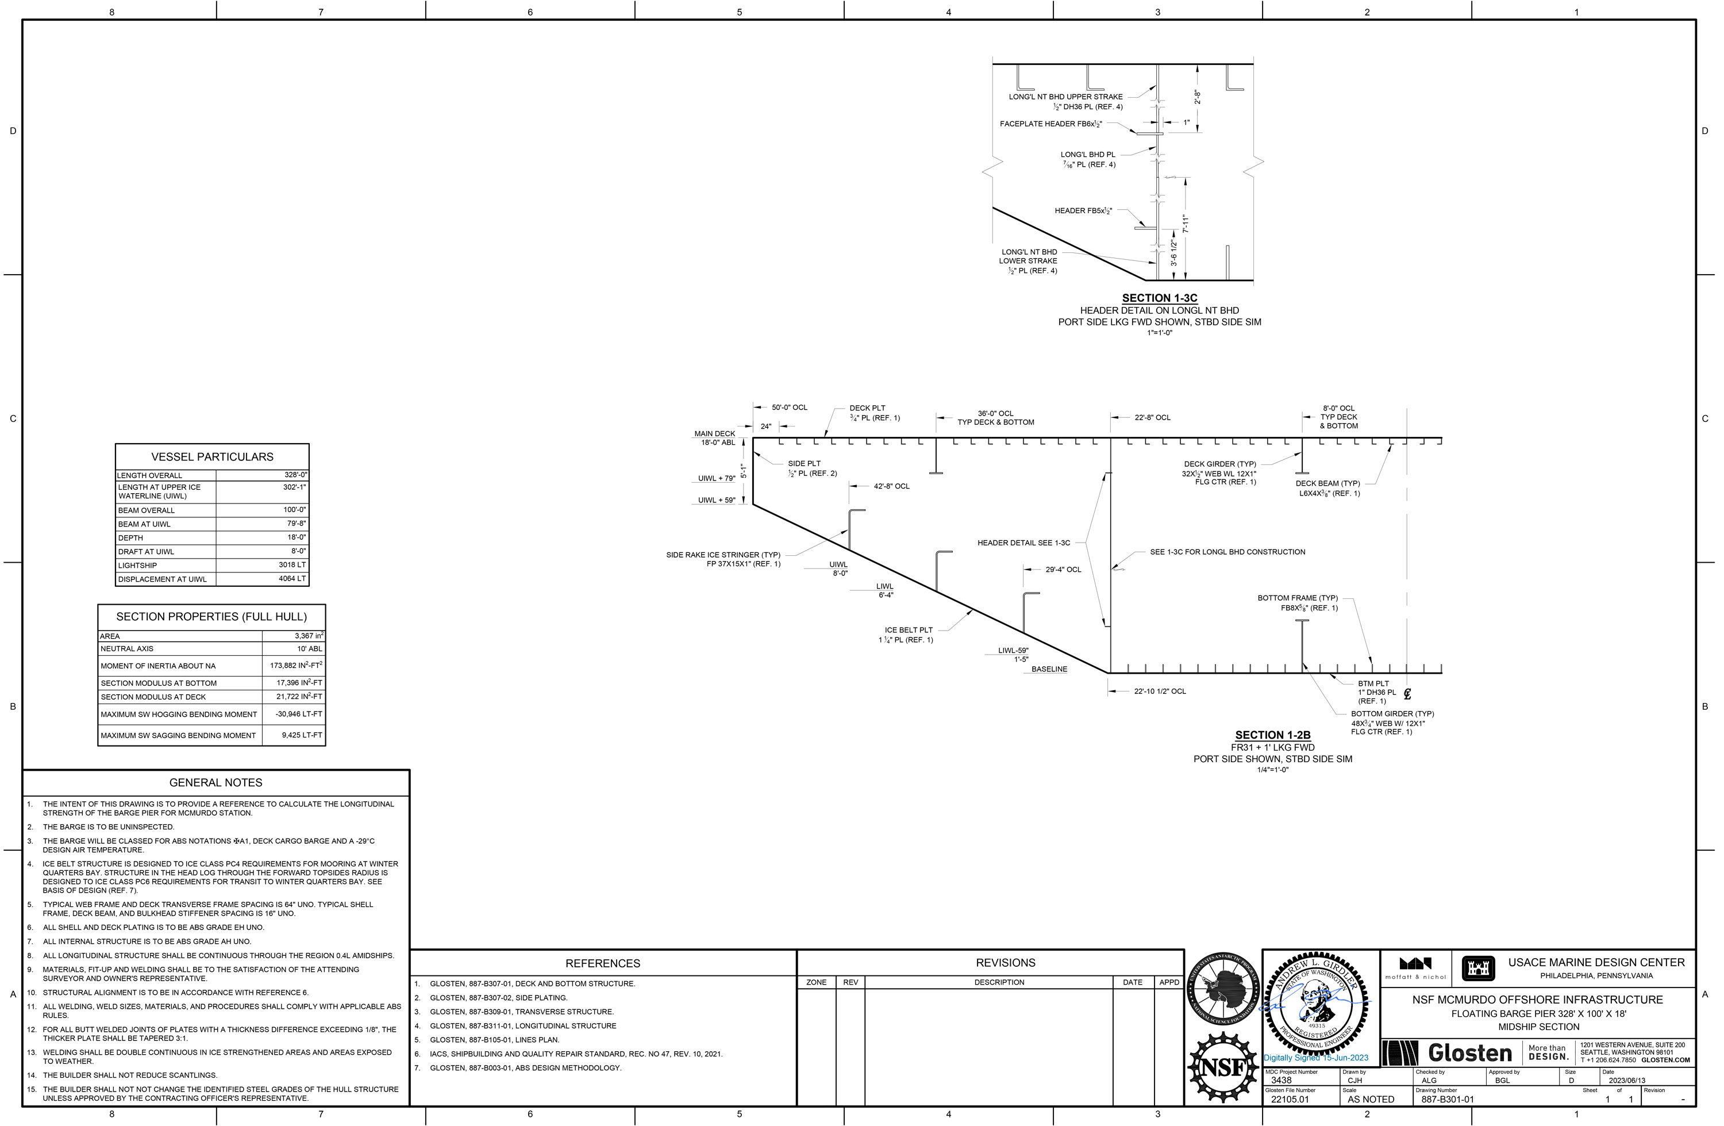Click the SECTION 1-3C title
coord(1159,298)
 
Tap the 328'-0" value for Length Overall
coord(295,475)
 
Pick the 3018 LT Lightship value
coord(292,564)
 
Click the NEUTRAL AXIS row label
coord(127,648)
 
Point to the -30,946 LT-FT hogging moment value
coord(298,714)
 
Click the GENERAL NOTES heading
coord(216,782)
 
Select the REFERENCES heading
coord(603,963)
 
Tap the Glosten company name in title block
coord(1470,1053)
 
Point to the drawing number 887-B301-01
coord(1447,1099)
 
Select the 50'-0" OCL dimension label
coord(789,407)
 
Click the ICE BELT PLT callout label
coord(909,629)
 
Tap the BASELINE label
coord(1049,669)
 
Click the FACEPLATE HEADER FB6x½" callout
coord(1051,124)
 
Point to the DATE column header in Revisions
coord(1132,982)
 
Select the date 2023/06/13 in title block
coord(1627,1081)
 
